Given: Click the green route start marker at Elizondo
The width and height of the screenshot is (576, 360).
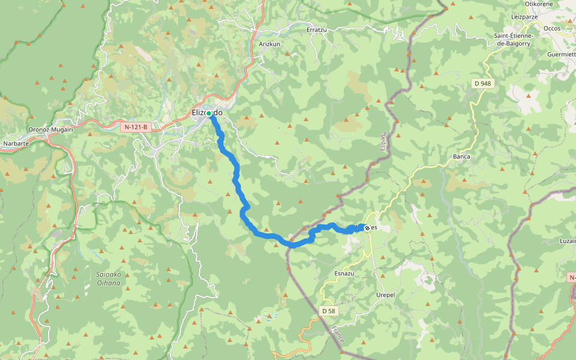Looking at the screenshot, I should point(209,113).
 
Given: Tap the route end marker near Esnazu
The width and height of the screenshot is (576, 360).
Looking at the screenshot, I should point(367,228).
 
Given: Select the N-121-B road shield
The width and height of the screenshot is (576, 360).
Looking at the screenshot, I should point(136,127).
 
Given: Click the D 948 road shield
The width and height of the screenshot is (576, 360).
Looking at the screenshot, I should point(483,84).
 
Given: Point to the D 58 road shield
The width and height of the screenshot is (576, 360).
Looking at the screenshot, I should point(328,311).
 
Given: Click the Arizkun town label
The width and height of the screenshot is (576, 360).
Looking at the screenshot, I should point(269,44).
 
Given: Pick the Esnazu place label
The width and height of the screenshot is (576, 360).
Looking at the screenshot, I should point(344,273).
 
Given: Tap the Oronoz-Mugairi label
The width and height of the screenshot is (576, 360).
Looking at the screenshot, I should point(50,129).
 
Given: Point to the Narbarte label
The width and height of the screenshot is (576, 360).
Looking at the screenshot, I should point(16,144).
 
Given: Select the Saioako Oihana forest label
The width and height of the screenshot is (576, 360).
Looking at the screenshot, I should point(109,278).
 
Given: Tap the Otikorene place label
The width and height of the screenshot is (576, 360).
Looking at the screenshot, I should point(538,4).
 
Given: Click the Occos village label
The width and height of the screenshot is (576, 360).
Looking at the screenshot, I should point(551,28).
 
